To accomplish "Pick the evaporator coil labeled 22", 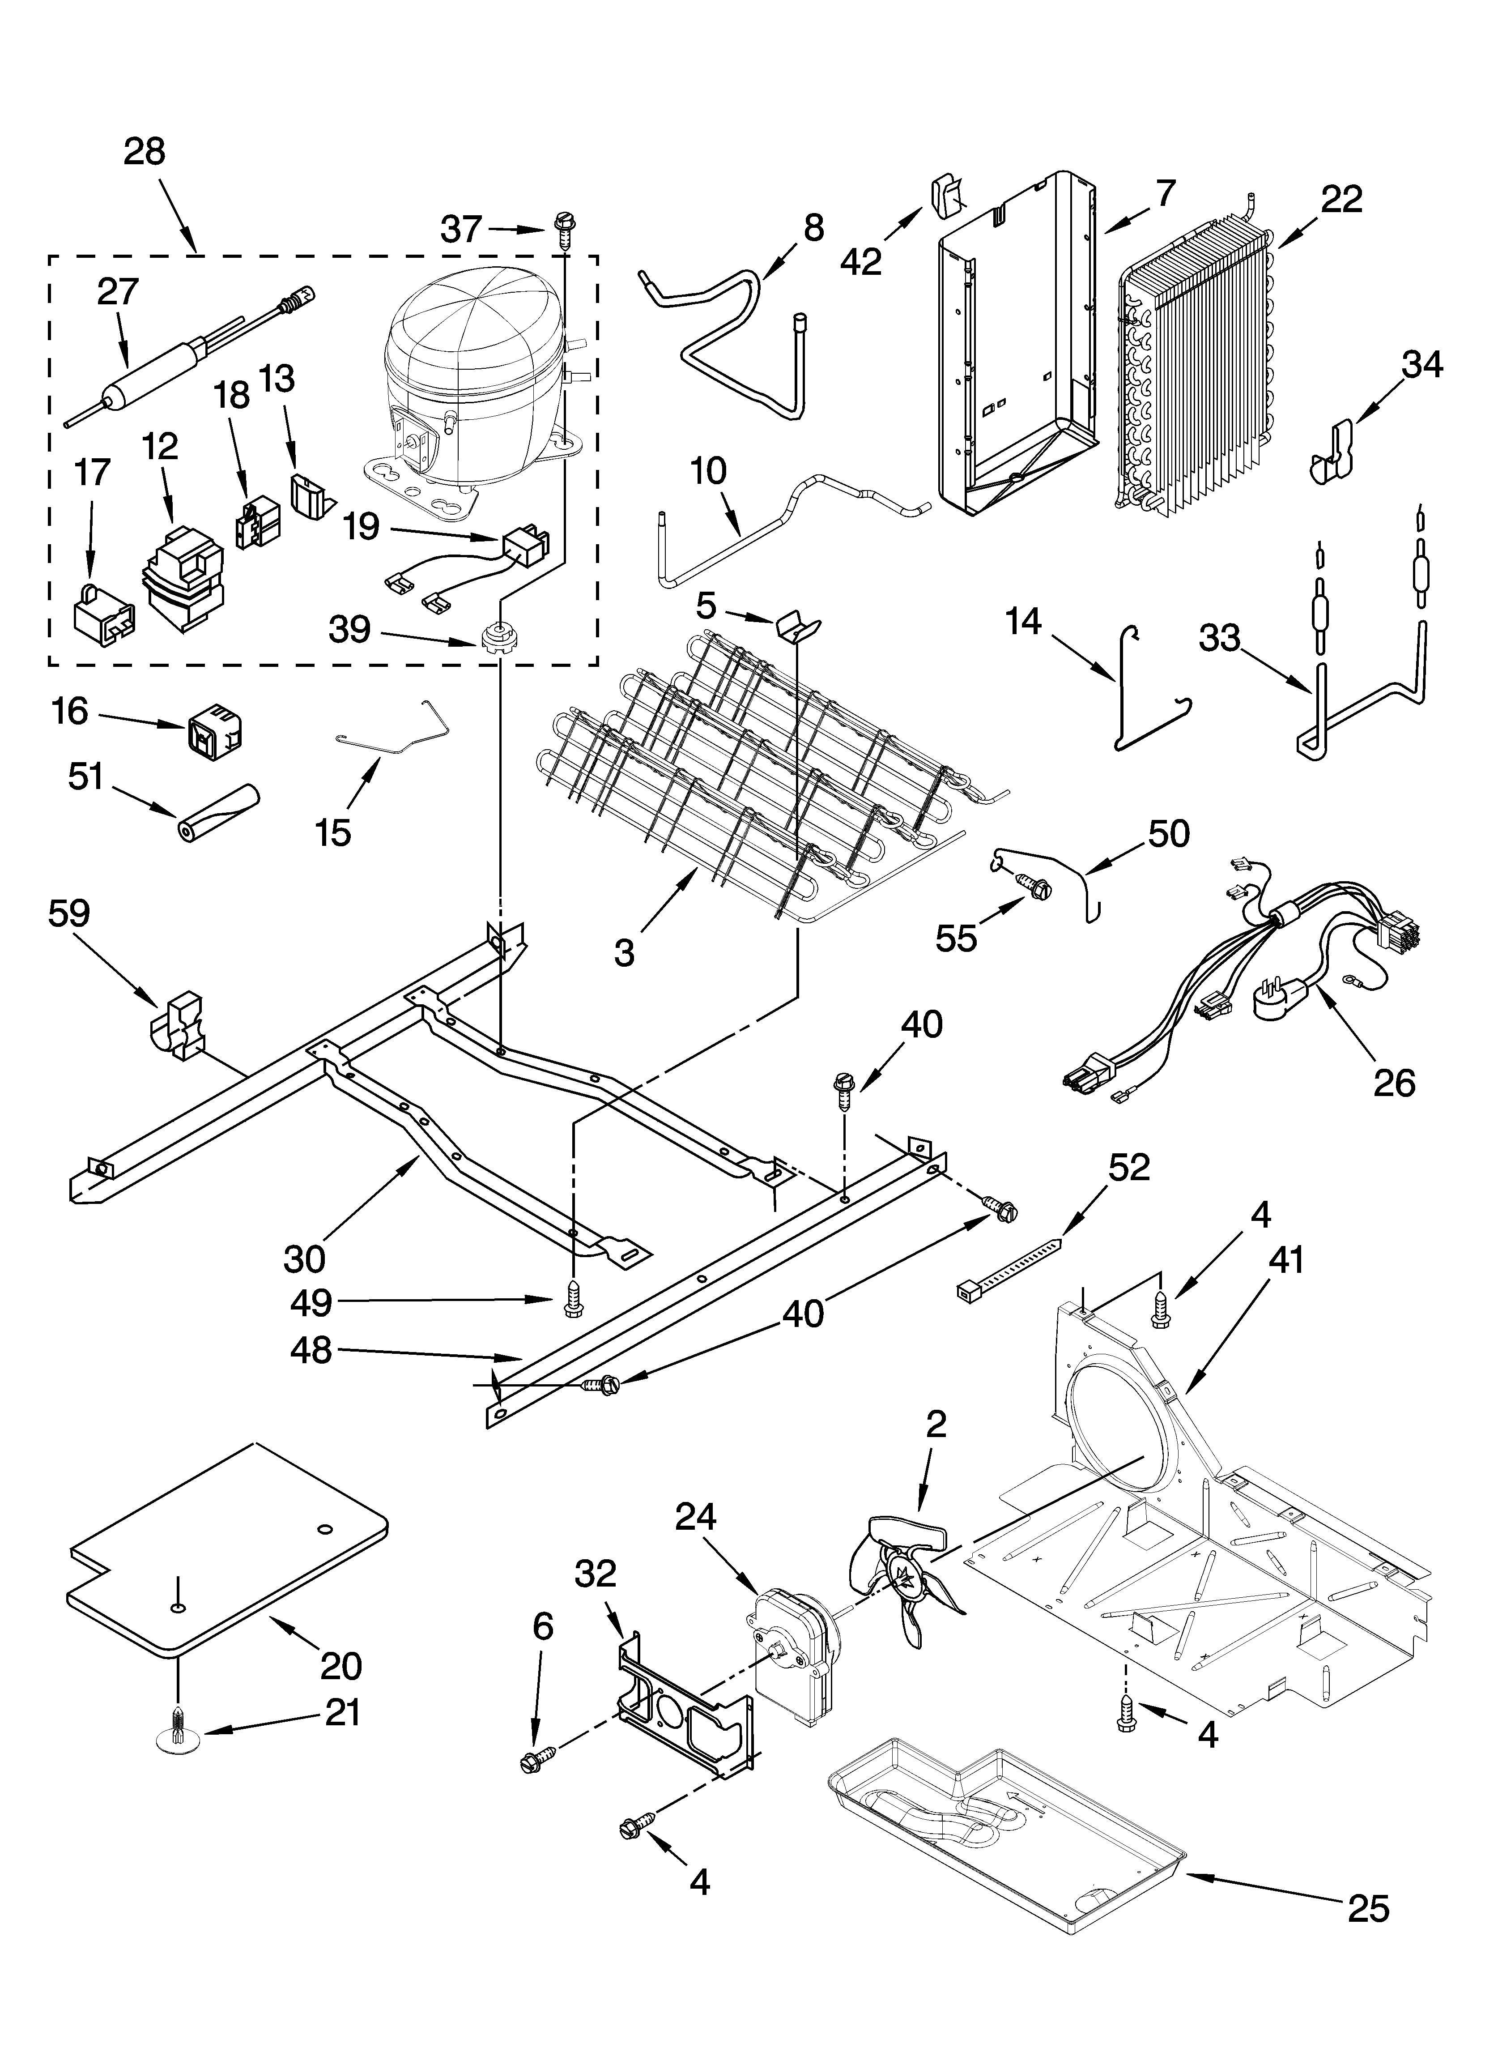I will (1195, 383).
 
